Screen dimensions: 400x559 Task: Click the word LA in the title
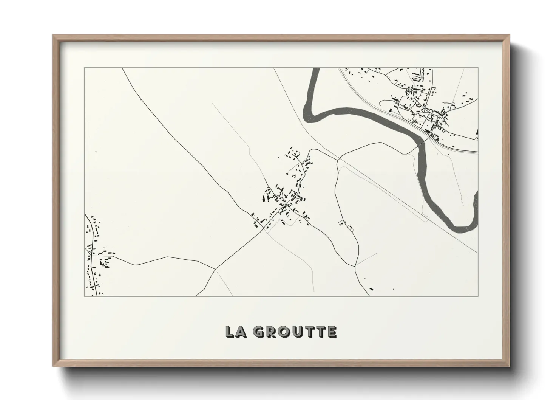235,332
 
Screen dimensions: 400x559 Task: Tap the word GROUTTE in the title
295,332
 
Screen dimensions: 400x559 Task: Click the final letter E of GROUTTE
332,332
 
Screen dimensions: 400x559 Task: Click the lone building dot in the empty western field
96,152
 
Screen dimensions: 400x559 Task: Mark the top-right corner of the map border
478,68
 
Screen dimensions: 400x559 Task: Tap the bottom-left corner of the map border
84,296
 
